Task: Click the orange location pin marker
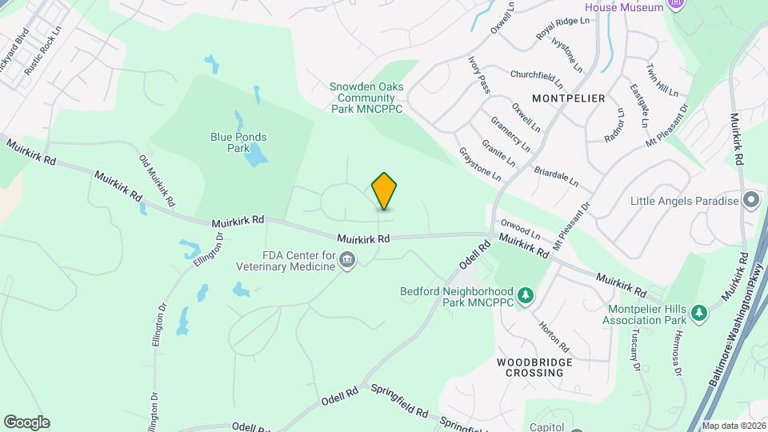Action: [385, 191]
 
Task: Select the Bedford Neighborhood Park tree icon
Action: [526, 296]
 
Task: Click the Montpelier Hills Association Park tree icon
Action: [699, 311]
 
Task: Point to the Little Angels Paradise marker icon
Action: [750, 200]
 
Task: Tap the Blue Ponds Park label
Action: [238, 142]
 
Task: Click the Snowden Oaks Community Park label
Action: [366, 97]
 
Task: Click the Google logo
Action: [26, 422]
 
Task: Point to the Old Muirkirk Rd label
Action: [157, 180]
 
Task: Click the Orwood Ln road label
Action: [520, 230]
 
